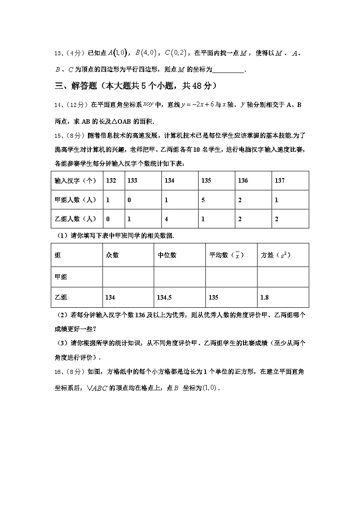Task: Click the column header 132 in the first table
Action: (111, 180)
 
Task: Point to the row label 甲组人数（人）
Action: (75, 199)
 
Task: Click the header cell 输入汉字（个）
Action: (75, 180)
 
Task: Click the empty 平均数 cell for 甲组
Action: (231, 276)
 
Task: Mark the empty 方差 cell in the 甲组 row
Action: (283, 276)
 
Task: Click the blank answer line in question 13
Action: (228, 70)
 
